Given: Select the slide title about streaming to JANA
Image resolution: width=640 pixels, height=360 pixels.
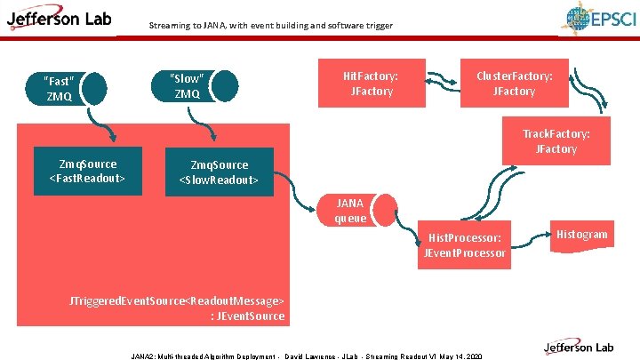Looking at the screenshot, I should coord(271,26).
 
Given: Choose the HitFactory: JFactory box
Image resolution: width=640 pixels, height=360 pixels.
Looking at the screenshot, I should coord(371,84).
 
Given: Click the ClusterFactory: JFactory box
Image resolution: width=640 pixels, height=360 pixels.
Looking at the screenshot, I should coord(514,84).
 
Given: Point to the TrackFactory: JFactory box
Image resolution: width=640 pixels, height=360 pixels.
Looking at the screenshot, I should coord(556,141).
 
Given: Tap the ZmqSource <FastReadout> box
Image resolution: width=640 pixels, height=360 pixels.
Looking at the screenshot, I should coord(87,172).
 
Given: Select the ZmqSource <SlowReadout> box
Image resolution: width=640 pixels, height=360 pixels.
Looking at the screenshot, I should coord(219,172).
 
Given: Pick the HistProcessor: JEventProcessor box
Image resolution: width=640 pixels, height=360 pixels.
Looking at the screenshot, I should coord(466,245).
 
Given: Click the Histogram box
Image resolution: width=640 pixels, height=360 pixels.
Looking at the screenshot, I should coord(582,234).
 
